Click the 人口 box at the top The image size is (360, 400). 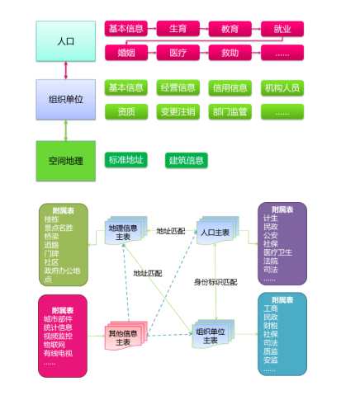65,40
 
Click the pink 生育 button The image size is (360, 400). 178,29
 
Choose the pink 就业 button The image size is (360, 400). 282,29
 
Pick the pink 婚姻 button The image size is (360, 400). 126,53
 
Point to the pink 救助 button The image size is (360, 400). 230,53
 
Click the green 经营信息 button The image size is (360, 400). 178,87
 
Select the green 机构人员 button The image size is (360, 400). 282,87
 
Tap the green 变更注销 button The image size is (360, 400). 178,111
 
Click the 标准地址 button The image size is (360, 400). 126,159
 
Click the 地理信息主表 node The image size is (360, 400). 123,233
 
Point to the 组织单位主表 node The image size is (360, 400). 211,335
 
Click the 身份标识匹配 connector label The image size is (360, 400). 216,282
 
